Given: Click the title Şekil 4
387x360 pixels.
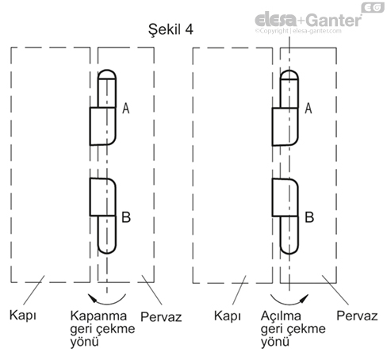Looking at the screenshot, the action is [x=171, y=29].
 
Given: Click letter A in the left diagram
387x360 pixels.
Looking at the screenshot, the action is [x=126, y=109].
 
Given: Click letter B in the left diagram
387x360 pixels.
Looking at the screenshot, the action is [x=126, y=217].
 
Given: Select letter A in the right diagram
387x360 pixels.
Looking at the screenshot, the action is [x=308, y=109].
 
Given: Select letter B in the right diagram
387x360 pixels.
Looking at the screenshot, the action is [x=309, y=217].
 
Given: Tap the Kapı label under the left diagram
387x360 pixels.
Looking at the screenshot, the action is [x=23, y=316].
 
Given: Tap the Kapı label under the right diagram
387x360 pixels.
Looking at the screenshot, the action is [x=228, y=316].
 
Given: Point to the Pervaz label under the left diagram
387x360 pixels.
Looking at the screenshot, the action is [x=161, y=316].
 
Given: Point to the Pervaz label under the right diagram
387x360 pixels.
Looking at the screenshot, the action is [x=357, y=316].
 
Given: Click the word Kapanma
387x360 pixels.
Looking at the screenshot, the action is [x=98, y=316].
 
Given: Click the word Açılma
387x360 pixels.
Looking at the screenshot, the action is [x=281, y=316].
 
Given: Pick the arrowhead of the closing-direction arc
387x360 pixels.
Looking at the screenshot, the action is [x=92, y=297].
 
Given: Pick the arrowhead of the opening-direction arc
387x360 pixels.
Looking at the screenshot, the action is [x=305, y=297].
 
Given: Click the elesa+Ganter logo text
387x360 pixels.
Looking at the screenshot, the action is [x=308, y=20].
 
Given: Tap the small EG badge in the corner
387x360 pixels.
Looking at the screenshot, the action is [x=373, y=7].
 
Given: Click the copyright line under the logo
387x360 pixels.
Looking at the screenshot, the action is [x=298, y=31].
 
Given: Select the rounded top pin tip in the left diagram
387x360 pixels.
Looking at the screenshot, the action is [x=107, y=75].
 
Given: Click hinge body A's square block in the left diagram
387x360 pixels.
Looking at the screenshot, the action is [x=103, y=126].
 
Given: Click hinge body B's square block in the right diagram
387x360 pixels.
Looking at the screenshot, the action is [x=285, y=197].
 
